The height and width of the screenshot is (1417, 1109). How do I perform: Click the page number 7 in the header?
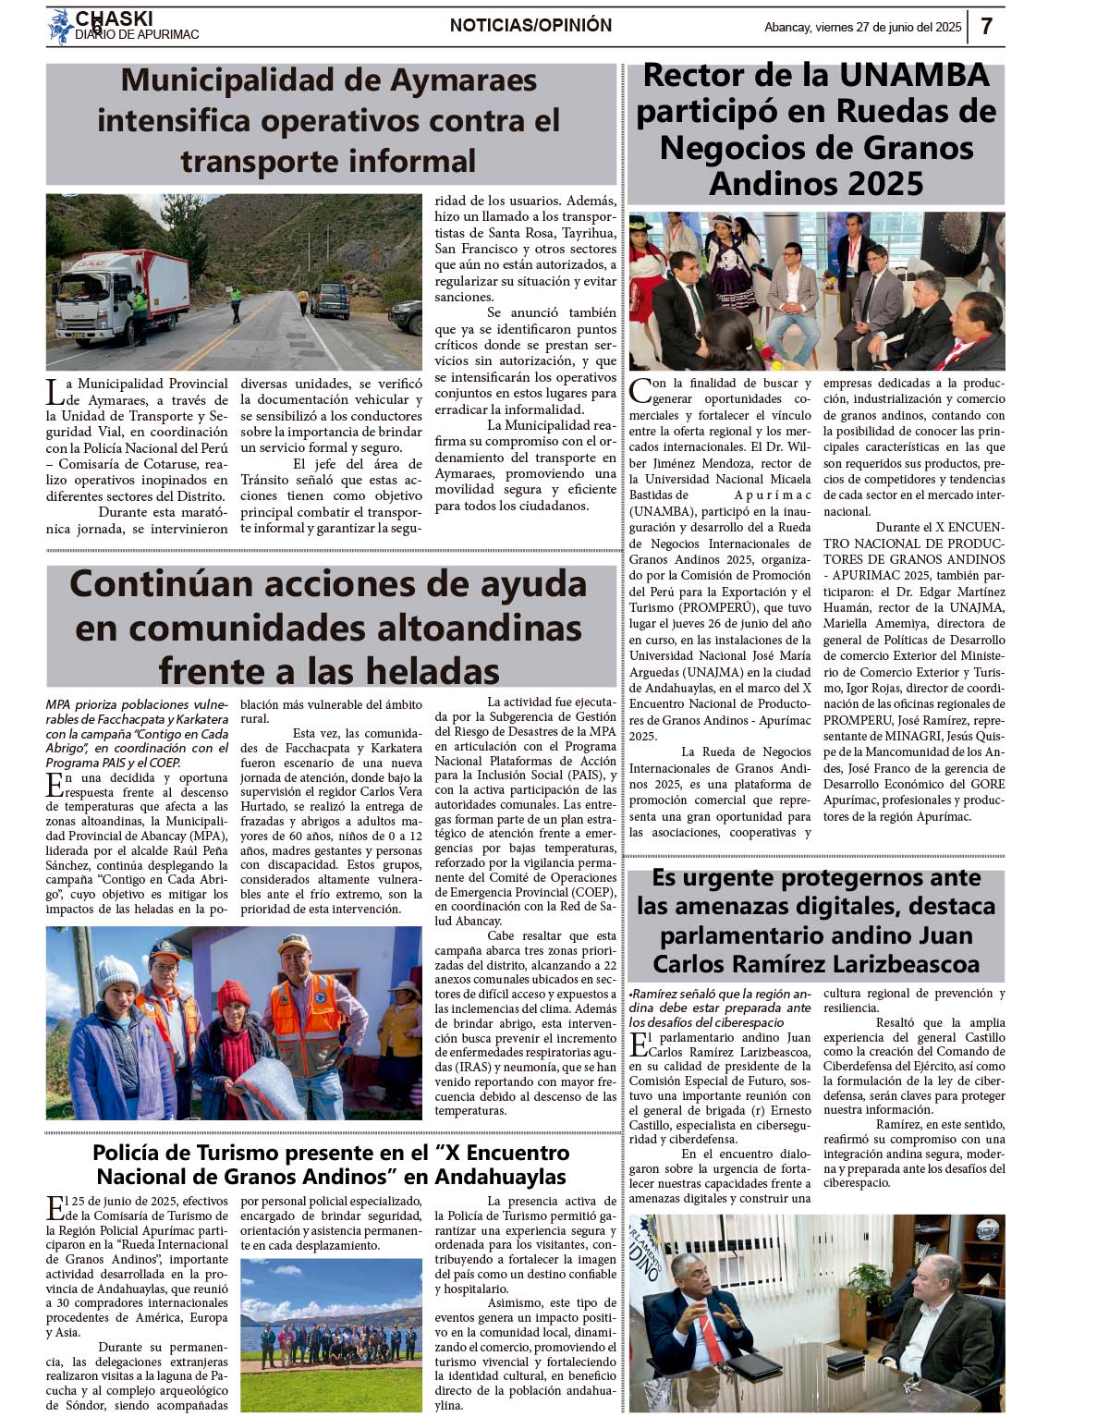(x=986, y=26)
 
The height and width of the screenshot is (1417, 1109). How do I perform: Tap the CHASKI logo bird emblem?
(x=60, y=26)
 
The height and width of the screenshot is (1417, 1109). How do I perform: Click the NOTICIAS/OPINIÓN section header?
(x=530, y=26)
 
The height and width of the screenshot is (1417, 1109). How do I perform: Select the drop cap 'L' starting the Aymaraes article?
(x=55, y=392)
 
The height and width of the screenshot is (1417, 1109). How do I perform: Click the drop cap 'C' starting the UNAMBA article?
(x=640, y=391)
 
